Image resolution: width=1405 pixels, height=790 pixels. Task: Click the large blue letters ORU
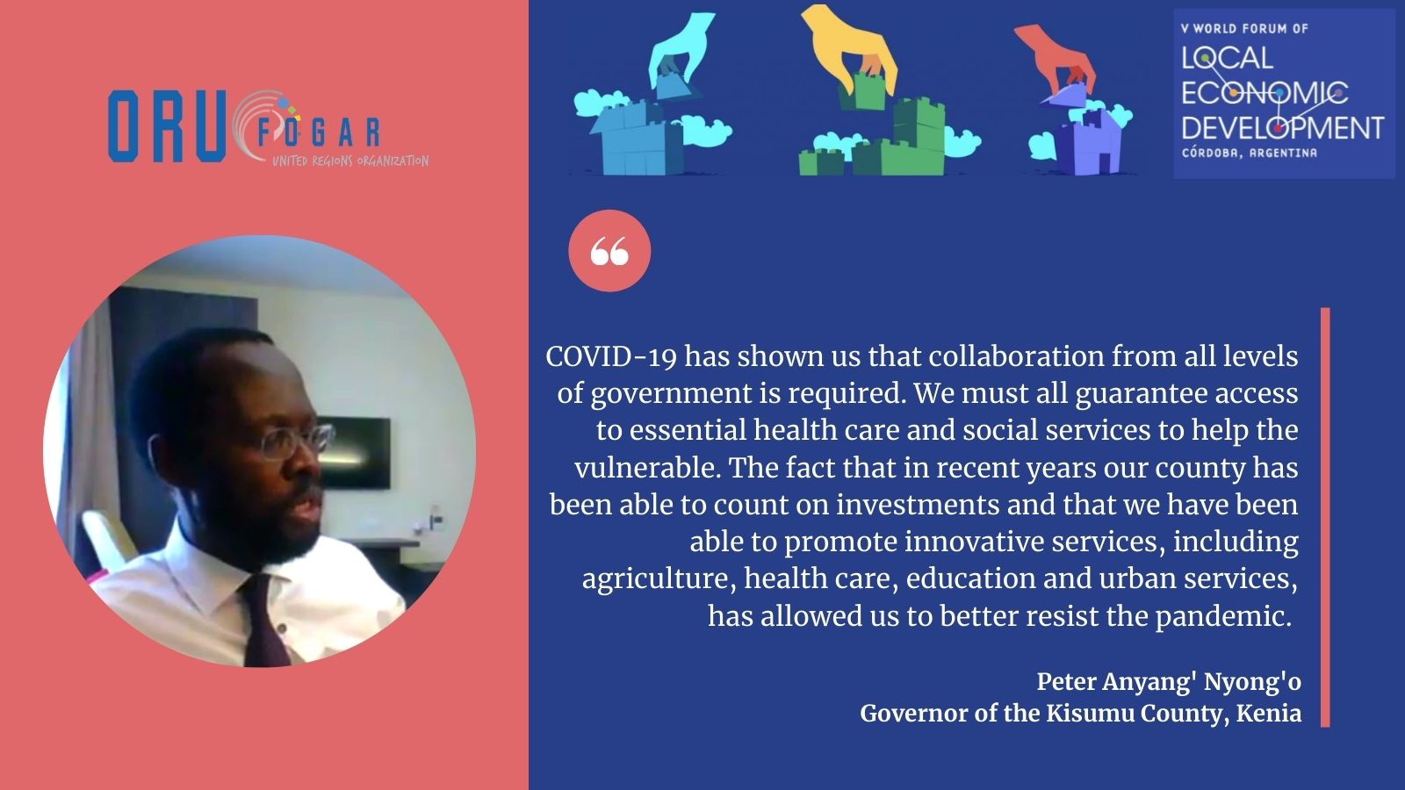(167, 126)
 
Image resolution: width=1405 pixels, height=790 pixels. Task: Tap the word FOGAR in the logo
(319, 132)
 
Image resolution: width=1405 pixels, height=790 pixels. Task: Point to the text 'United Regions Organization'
(350, 162)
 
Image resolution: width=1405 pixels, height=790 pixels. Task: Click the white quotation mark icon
(609, 251)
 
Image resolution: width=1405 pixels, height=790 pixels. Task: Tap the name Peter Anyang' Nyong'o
(1169, 681)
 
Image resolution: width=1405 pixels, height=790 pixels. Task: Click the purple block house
(1087, 141)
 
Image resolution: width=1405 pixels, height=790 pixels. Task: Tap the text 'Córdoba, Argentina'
(1249, 153)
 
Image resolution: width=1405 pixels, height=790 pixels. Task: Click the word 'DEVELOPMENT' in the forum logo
(1282, 128)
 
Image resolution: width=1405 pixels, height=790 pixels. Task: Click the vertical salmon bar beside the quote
(1325, 517)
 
